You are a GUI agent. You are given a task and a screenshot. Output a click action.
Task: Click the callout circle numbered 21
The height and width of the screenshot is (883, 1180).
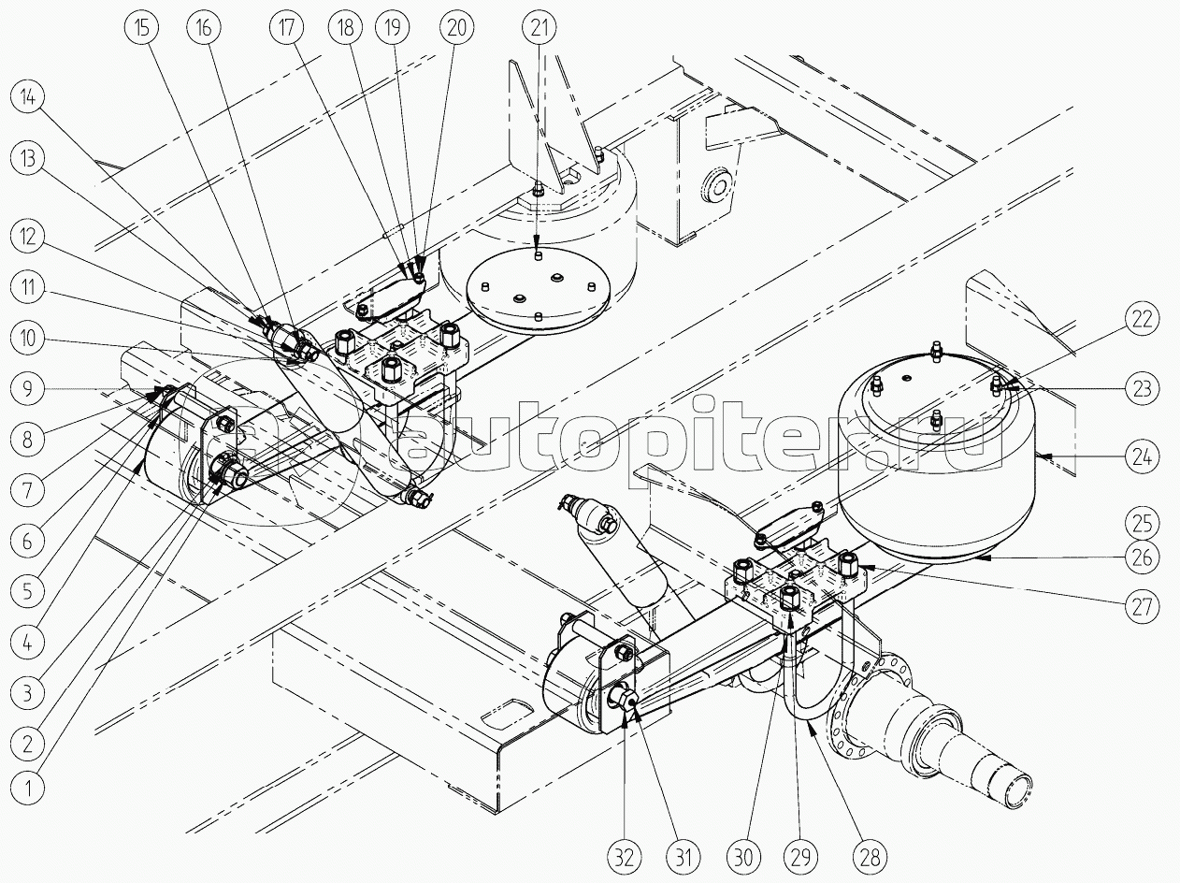[540, 27]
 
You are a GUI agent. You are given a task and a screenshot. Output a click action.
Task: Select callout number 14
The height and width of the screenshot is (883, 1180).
[28, 98]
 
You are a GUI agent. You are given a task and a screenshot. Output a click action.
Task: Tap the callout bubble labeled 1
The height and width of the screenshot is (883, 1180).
[28, 789]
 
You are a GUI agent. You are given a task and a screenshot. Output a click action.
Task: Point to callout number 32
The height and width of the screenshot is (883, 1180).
[624, 859]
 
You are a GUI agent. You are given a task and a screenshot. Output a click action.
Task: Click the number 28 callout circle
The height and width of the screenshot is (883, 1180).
[870, 859]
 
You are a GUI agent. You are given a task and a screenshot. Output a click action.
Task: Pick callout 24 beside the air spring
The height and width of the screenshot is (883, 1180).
[1142, 457]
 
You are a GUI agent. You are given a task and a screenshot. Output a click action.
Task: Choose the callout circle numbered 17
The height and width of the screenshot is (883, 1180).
[286, 27]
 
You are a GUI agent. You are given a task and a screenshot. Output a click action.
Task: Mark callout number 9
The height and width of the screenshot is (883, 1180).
[28, 388]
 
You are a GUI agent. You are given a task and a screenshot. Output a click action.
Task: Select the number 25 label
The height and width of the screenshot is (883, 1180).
[1142, 523]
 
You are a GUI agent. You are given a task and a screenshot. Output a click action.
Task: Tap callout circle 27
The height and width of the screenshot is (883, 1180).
[1142, 606]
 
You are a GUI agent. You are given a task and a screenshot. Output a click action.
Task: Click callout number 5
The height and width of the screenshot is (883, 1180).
[28, 591]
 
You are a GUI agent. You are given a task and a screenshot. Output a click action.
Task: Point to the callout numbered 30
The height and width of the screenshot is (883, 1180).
[743, 859]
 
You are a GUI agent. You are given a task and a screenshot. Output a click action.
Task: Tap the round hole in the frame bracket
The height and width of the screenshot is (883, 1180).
[715, 186]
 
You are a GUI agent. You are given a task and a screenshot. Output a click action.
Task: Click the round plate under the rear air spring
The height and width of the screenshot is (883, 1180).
[538, 290]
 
